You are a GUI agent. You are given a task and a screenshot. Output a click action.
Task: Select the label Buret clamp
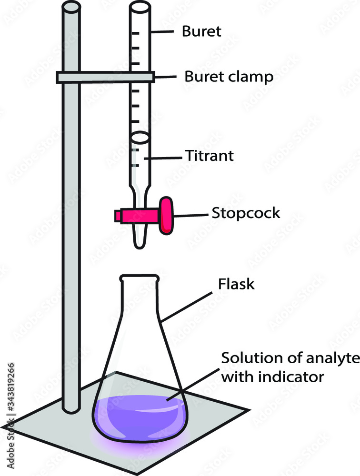[x=229, y=77]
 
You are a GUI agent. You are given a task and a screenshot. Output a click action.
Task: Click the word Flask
[x=237, y=285]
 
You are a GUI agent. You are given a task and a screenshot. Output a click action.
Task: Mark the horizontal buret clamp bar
[x=105, y=77]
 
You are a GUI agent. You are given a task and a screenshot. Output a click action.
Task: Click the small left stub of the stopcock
[x=118, y=216]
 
